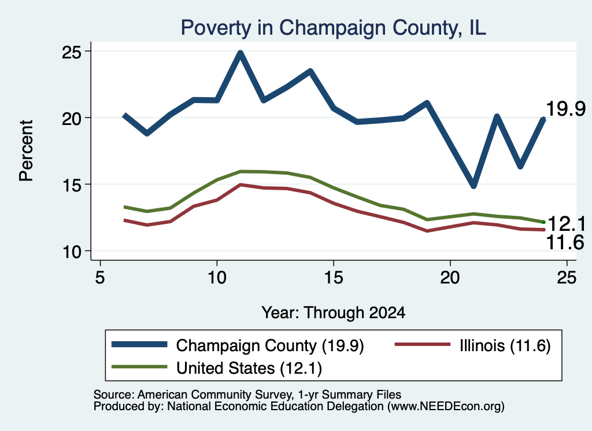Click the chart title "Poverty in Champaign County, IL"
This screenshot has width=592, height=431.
pyautogui.click(x=334, y=28)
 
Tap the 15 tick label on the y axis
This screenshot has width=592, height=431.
pyautogui.click(x=72, y=185)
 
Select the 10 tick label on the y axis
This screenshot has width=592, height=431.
pyautogui.click(x=72, y=251)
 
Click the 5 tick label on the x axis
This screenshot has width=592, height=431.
pyautogui.click(x=99, y=278)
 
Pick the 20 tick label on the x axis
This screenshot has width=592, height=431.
pyautogui.click(x=450, y=278)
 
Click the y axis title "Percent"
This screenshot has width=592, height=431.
pyautogui.click(x=27, y=151)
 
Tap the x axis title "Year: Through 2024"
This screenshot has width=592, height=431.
pyautogui.click(x=334, y=313)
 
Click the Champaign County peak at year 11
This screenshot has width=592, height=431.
pyautogui.click(x=240, y=53)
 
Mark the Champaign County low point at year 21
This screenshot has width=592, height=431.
pyautogui.click(x=474, y=185)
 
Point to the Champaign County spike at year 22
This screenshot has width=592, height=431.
pyautogui.click(x=497, y=116)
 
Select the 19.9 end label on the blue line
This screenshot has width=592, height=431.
pyautogui.click(x=565, y=109)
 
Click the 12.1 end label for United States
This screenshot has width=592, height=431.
pyautogui.click(x=567, y=224)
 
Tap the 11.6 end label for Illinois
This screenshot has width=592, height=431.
pyautogui.click(x=565, y=242)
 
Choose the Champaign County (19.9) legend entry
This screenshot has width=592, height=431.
pyautogui.click(x=238, y=345)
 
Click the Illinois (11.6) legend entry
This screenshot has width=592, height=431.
pyautogui.click(x=473, y=345)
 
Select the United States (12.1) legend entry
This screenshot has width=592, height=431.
pyautogui.click(x=217, y=367)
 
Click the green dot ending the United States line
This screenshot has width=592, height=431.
pyautogui.click(x=543, y=222)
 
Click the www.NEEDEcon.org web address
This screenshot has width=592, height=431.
pyautogui.click(x=446, y=406)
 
